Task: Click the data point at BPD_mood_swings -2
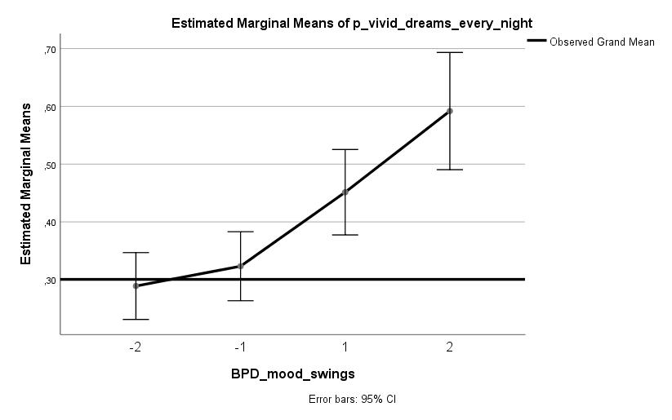[136, 285]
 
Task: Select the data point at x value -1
[241, 266]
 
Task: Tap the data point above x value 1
[345, 192]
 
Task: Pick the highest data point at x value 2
[450, 111]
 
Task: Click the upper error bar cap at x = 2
[450, 52]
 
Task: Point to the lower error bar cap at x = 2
[450, 170]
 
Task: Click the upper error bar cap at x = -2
[136, 253]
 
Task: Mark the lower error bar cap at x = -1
[241, 301]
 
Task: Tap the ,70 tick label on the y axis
[48, 49]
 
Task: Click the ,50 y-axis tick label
[48, 165]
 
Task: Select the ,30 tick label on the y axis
[48, 280]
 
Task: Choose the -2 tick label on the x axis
[136, 347]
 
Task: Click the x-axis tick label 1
[345, 347]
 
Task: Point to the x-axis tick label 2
[450, 347]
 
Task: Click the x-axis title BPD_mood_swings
[293, 374]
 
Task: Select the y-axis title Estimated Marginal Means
[26, 183]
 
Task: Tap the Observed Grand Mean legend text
[602, 42]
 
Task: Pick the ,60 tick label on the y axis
[48, 107]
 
